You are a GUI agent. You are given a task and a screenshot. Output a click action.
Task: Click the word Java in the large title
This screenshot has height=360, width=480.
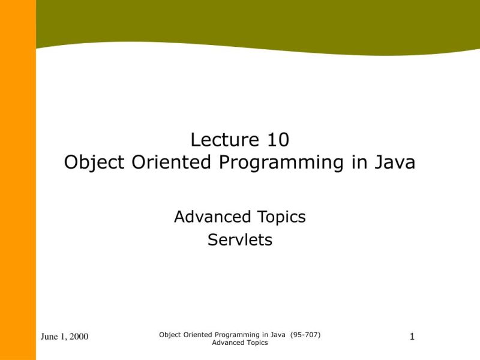click(x=394, y=163)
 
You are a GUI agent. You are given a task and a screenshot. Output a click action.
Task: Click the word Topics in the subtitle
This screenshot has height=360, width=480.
click(x=280, y=217)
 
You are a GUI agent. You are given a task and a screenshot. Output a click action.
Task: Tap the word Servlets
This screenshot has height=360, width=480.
click(x=240, y=240)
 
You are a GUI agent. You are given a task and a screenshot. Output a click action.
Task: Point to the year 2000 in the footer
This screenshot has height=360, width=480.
click(x=79, y=337)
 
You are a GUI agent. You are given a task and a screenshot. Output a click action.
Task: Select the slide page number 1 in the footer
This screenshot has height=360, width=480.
click(x=412, y=337)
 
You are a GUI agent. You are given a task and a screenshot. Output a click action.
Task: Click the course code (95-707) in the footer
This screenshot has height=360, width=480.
click(x=305, y=334)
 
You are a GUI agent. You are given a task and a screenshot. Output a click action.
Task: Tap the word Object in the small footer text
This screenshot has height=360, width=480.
click(x=169, y=334)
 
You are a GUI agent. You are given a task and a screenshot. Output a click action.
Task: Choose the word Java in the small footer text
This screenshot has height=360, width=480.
click(x=277, y=334)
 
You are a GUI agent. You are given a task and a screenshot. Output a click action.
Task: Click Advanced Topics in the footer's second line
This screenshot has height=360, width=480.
click(x=240, y=343)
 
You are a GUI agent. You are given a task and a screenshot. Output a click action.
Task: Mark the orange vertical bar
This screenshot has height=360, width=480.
click(x=18, y=180)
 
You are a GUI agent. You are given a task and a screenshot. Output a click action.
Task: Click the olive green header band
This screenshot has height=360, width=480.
click(x=258, y=21)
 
